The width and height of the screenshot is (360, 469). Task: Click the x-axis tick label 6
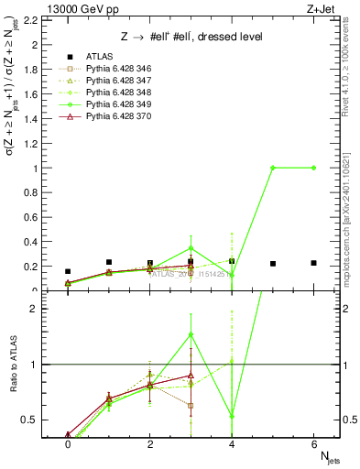point(314,444)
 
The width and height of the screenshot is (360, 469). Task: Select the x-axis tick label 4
point(232,444)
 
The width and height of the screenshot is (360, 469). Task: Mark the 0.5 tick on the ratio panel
point(29,420)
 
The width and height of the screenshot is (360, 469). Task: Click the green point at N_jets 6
point(314,168)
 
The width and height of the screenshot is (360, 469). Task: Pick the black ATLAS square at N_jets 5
point(273,264)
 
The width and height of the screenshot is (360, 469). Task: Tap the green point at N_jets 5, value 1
point(273,168)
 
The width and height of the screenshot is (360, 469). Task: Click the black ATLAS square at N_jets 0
point(68,271)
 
